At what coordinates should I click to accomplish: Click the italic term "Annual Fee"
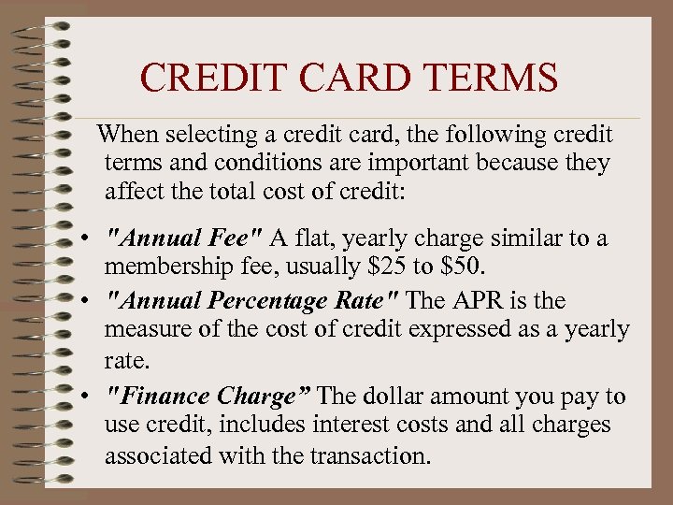pyautogui.click(x=185, y=239)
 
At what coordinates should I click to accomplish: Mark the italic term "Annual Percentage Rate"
pyautogui.click(x=252, y=301)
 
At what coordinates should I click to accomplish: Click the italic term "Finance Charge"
pyautogui.click(x=208, y=397)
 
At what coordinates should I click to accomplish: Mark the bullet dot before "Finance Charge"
pyautogui.click(x=85, y=397)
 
